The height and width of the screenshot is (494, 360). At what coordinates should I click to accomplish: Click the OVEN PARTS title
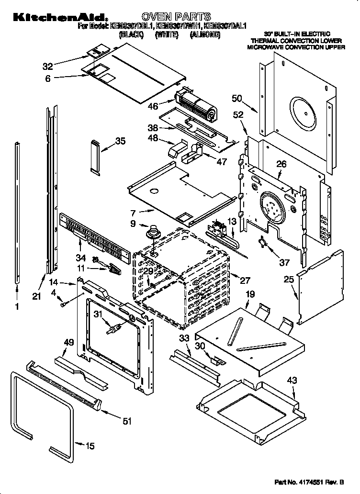[x=176, y=17]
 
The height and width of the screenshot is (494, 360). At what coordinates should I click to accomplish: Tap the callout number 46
[x=153, y=106]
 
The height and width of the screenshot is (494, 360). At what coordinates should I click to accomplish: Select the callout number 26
[x=281, y=164]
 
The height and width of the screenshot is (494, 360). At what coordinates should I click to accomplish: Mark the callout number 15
[x=90, y=446]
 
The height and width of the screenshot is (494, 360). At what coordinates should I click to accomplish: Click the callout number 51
[x=126, y=421]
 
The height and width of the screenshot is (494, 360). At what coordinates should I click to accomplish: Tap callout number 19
[x=249, y=295]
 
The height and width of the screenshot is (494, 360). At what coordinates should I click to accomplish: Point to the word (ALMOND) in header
[x=204, y=35]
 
